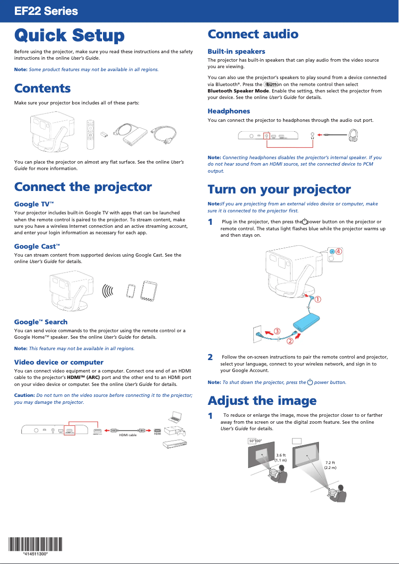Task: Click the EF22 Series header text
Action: [x=46, y=11]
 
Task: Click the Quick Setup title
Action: [x=69, y=35]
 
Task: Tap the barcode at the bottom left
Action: [x=35, y=545]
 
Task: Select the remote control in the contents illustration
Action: [x=90, y=134]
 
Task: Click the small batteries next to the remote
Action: [x=104, y=134]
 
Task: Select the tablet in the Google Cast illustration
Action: [x=149, y=290]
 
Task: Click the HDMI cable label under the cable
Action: [x=128, y=434]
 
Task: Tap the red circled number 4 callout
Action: [x=338, y=252]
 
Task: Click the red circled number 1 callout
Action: [x=316, y=299]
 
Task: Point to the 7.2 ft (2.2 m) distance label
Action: [x=330, y=465]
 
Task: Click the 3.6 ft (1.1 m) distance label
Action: [x=281, y=458]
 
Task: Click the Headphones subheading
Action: [x=228, y=111]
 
